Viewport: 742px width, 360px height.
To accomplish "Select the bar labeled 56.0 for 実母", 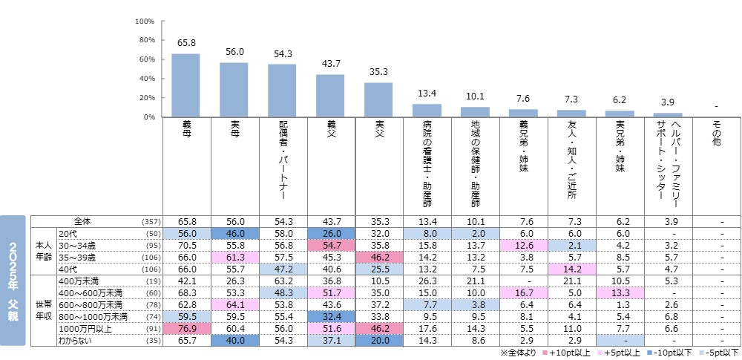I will [234, 90].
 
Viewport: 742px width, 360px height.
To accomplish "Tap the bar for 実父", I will [378, 99].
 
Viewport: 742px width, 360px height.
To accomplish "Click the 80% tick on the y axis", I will [145, 40].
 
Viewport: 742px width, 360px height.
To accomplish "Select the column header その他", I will [716, 134].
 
